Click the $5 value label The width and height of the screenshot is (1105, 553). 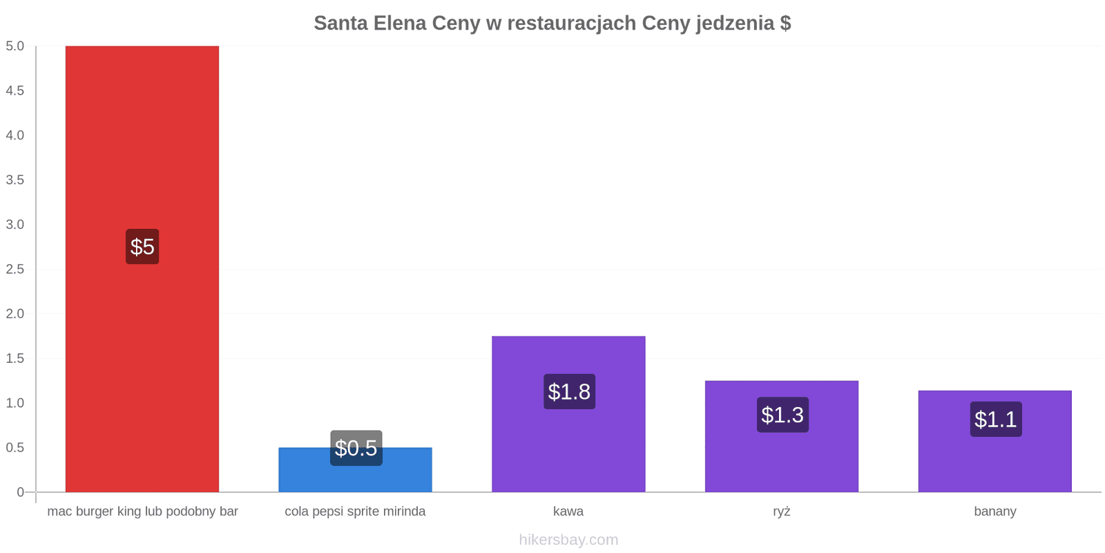(142, 247)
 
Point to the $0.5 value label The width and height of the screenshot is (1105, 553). (356, 448)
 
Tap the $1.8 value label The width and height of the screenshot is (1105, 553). (569, 391)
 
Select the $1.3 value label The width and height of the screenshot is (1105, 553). (782, 415)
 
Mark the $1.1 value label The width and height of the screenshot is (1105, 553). (995, 419)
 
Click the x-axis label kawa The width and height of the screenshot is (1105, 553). (568, 512)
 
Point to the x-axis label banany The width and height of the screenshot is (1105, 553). (995, 512)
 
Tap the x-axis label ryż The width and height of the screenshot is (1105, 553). (781, 512)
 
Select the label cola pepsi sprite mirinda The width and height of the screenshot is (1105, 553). (355, 512)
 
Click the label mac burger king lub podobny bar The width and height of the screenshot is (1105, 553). (142, 512)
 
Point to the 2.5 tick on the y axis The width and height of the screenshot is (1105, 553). (15, 269)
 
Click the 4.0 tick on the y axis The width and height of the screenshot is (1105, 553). (15, 135)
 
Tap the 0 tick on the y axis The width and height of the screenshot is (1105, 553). (20, 492)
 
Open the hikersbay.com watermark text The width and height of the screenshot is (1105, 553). (568, 540)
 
